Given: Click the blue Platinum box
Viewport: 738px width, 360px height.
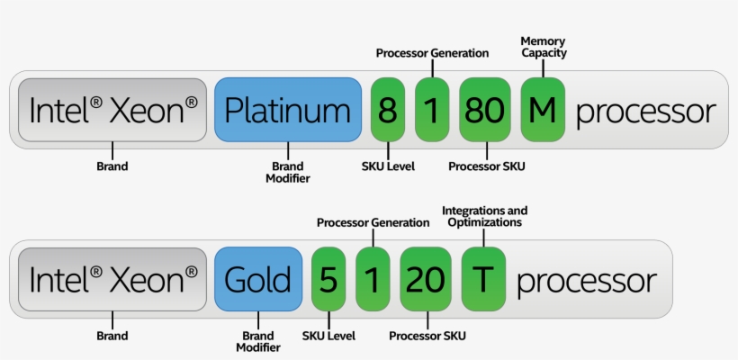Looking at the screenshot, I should (x=287, y=110).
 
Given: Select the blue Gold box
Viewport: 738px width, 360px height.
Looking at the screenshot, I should (x=257, y=279).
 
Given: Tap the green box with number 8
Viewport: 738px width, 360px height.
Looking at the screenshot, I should (x=387, y=110).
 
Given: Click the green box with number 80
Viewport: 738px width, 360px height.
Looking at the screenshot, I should (x=485, y=110).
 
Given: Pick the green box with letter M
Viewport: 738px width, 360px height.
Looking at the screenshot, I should (x=543, y=110).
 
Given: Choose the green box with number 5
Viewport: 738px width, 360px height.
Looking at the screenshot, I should (x=328, y=279).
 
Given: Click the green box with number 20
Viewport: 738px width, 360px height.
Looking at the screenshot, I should (x=426, y=279).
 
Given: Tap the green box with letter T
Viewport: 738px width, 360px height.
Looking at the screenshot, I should (x=483, y=279).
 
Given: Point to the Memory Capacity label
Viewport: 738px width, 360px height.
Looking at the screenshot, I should (x=544, y=47).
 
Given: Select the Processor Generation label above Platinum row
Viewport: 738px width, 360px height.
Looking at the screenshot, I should (x=432, y=53).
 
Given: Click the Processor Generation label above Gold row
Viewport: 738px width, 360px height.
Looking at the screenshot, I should (x=373, y=222).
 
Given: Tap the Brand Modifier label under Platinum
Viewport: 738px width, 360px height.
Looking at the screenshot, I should (x=288, y=172).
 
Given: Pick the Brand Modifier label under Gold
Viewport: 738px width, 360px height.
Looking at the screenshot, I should (x=257, y=341).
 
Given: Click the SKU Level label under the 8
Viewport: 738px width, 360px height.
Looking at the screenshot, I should (x=387, y=166).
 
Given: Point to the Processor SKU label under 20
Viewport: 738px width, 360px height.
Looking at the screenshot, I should (x=427, y=336).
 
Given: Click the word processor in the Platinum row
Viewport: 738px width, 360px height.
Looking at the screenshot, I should (x=645, y=112).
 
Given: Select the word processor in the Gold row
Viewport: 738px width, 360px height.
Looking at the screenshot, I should (x=586, y=281).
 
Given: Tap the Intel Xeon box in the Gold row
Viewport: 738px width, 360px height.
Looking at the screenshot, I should (x=112, y=279).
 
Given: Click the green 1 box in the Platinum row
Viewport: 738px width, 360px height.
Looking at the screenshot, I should (x=432, y=110).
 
